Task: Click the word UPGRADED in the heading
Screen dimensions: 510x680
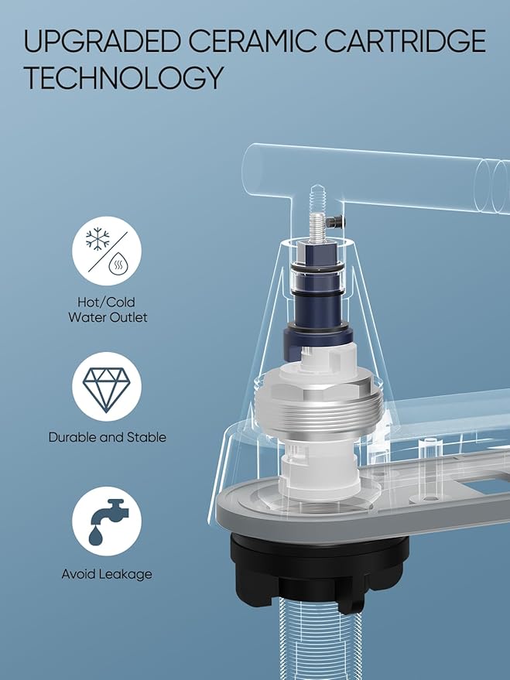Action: pyautogui.click(x=102, y=41)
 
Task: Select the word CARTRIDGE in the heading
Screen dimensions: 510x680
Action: pyautogui.click(x=405, y=41)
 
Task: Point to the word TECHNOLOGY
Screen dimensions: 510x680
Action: pyautogui.click(x=123, y=77)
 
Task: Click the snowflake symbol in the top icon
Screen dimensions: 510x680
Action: pyautogui.click(x=98, y=238)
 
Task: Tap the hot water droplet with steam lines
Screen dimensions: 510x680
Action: pyautogui.click(x=117, y=264)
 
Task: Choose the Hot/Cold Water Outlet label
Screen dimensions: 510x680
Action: pyautogui.click(x=107, y=309)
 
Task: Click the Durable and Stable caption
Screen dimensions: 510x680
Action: pyautogui.click(x=107, y=437)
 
